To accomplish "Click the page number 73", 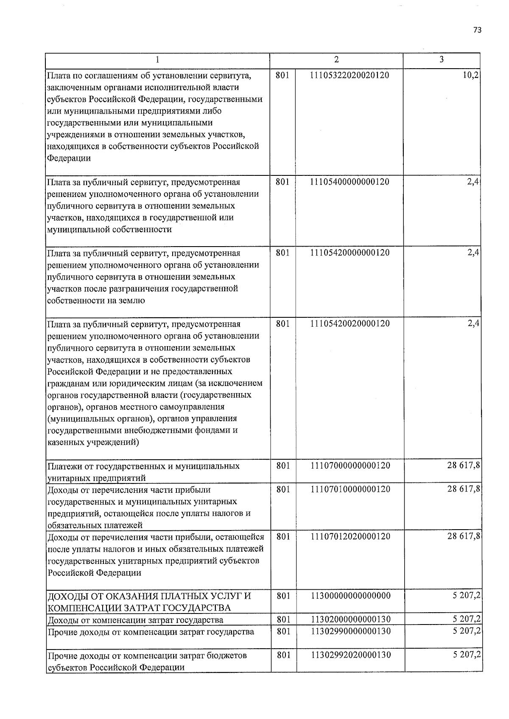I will click(478, 30).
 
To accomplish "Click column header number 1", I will click(157, 60).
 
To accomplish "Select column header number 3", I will click(442, 60).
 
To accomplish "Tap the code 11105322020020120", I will click(350, 75).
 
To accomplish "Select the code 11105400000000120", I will click(350, 182).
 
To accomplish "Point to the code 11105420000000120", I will click(350, 253).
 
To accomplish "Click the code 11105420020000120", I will click(350, 324).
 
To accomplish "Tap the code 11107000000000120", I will click(350, 465).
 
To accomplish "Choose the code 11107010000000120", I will click(350, 489).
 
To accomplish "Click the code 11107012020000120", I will click(350, 536).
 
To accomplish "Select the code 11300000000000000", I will click(350, 596).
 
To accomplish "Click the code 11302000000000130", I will click(350, 619).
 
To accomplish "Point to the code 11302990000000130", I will click(350, 631).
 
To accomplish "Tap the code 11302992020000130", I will click(350, 655).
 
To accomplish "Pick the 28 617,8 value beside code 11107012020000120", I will click(463, 536).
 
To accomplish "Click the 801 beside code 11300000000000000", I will click(283, 596).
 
